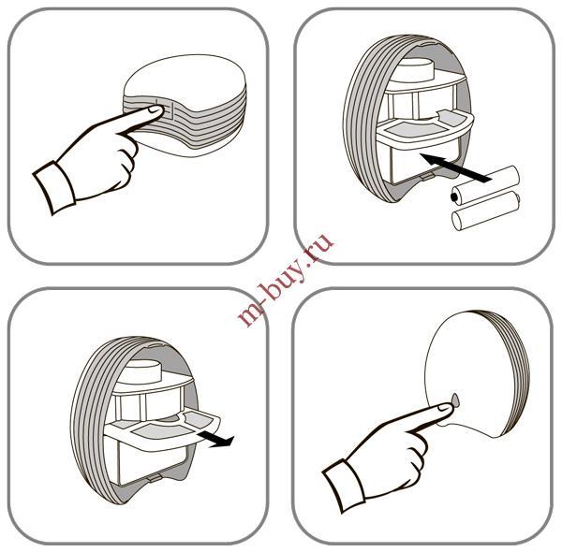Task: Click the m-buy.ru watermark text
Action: tap(286, 280)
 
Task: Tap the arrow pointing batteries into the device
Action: tap(453, 167)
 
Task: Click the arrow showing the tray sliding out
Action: tap(215, 439)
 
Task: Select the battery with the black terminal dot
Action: tap(485, 184)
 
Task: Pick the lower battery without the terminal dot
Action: tap(486, 212)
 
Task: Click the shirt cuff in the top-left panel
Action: tap(54, 187)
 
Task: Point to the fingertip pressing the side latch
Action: tap(155, 110)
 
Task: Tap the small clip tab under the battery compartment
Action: tap(427, 175)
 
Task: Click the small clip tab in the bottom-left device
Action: tap(154, 478)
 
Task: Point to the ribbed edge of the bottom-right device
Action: tap(516, 372)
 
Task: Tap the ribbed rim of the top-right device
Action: tap(359, 118)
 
